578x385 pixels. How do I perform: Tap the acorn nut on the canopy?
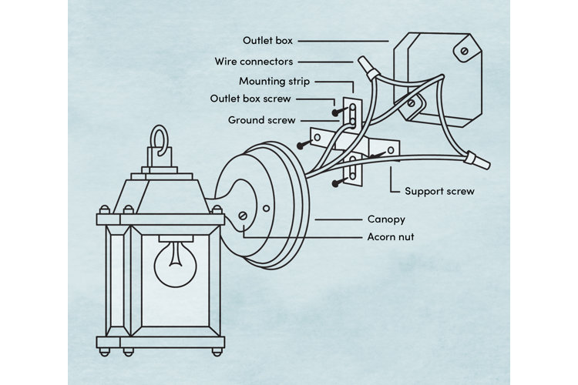(244, 218)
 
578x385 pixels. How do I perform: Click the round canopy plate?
(266, 204)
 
